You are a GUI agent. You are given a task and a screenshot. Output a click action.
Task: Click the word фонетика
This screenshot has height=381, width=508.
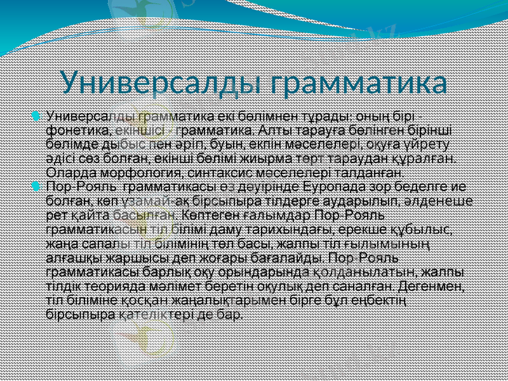[72, 131]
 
